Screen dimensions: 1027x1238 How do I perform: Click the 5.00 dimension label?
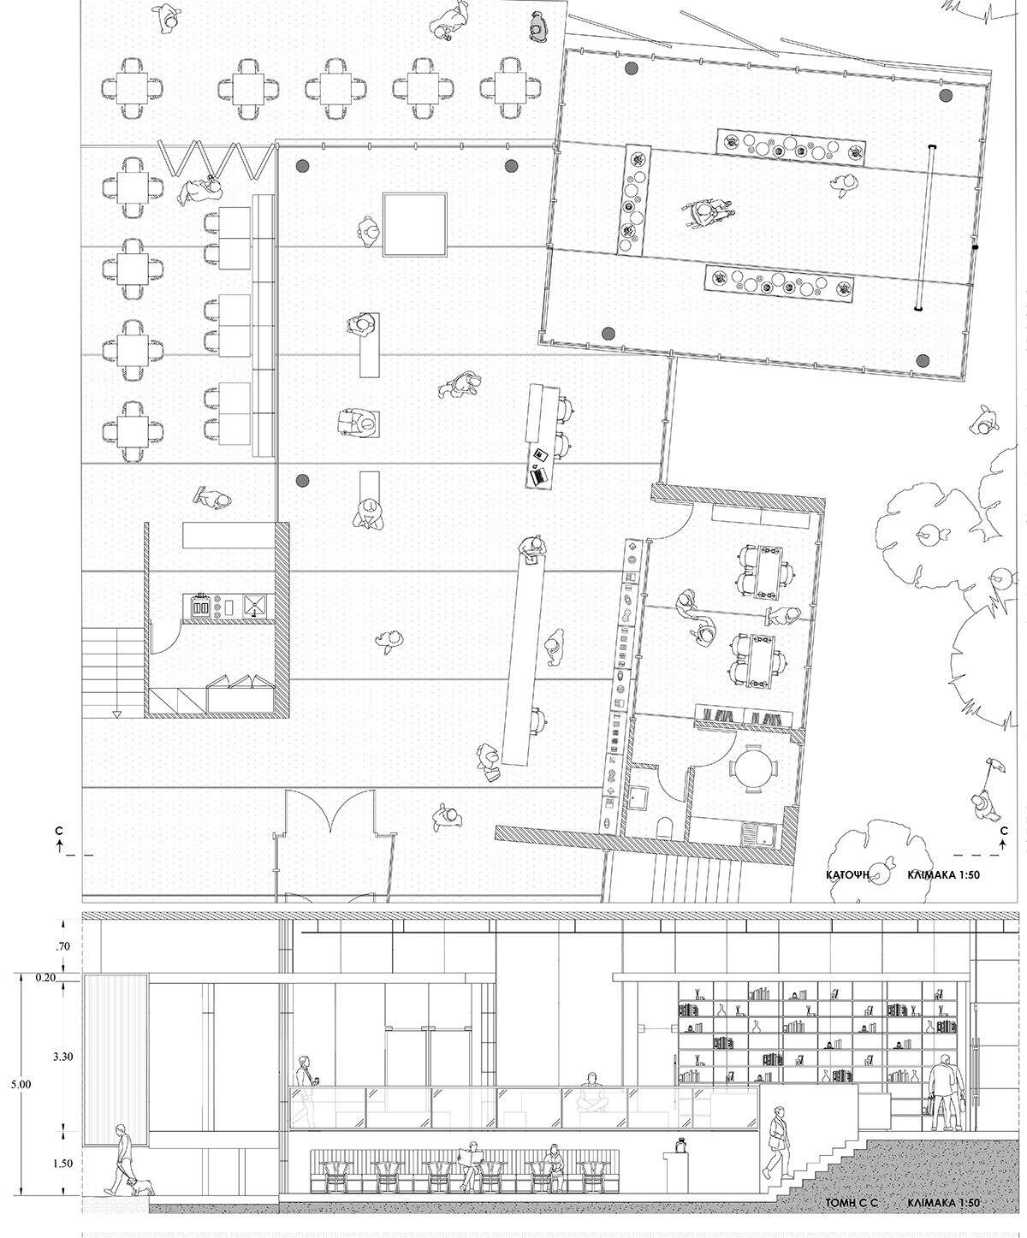pyautogui.click(x=21, y=1085)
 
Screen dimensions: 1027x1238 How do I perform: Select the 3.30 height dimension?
pyautogui.click(x=62, y=1057)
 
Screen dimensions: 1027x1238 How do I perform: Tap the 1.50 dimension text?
pyautogui.click(x=62, y=1164)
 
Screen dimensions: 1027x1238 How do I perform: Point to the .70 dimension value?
pyautogui.click(x=62, y=947)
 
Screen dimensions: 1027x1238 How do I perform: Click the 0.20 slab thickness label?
pyautogui.click(x=45, y=978)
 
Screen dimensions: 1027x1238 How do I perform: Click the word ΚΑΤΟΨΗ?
pyautogui.click(x=847, y=874)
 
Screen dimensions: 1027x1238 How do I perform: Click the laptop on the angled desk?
pyautogui.click(x=538, y=475)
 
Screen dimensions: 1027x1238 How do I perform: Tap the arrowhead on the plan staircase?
pyautogui.click(x=117, y=714)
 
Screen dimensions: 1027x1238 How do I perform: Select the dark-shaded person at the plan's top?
pyautogui.click(x=537, y=26)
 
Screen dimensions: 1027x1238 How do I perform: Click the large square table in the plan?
pyautogui.click(x=415, y=224)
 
